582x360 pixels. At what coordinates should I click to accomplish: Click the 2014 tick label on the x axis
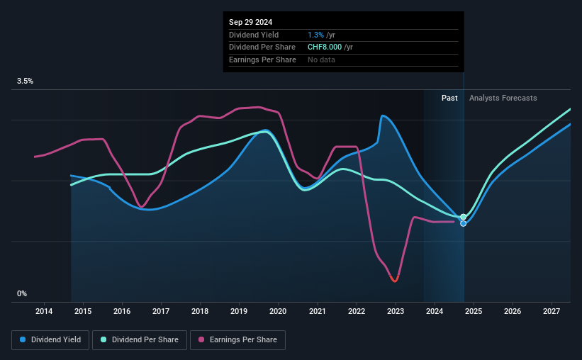(x=44, y=311)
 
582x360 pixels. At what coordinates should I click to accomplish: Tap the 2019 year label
(x=239, y=311)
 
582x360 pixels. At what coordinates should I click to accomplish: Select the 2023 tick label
(x=396, y=311)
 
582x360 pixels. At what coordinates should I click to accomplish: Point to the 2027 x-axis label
(x=552, y=311)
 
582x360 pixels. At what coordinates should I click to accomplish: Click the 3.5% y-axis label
(x=25, y=81)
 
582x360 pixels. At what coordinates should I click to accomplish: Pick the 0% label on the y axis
(x=22, y=293)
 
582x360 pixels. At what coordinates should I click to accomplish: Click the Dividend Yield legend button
(x=50, y=340)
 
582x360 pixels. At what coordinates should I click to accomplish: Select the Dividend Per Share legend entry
(x=140, y=340)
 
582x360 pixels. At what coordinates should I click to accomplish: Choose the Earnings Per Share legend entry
(x=237, y=340)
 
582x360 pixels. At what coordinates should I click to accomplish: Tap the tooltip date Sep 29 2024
(x=250, y=22)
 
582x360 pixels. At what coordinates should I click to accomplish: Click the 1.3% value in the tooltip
(x=315, y=35)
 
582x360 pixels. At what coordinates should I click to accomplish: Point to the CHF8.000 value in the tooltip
(x=325, y=47)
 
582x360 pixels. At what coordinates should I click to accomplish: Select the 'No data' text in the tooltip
(x=321, y=60)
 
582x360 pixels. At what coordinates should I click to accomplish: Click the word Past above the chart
(x=449, y=98)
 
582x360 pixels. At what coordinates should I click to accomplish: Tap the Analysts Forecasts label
(x=503, y=98)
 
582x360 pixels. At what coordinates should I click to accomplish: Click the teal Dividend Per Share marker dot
(x=463, y=217)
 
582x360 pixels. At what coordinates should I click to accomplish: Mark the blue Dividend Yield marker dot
(x=463, y=223)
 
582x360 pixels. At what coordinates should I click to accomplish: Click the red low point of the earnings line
(x=395, y=281)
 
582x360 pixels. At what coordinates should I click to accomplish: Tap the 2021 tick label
(x=317, y=311)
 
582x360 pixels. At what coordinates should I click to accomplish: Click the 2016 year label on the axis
(x=122, y=311)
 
